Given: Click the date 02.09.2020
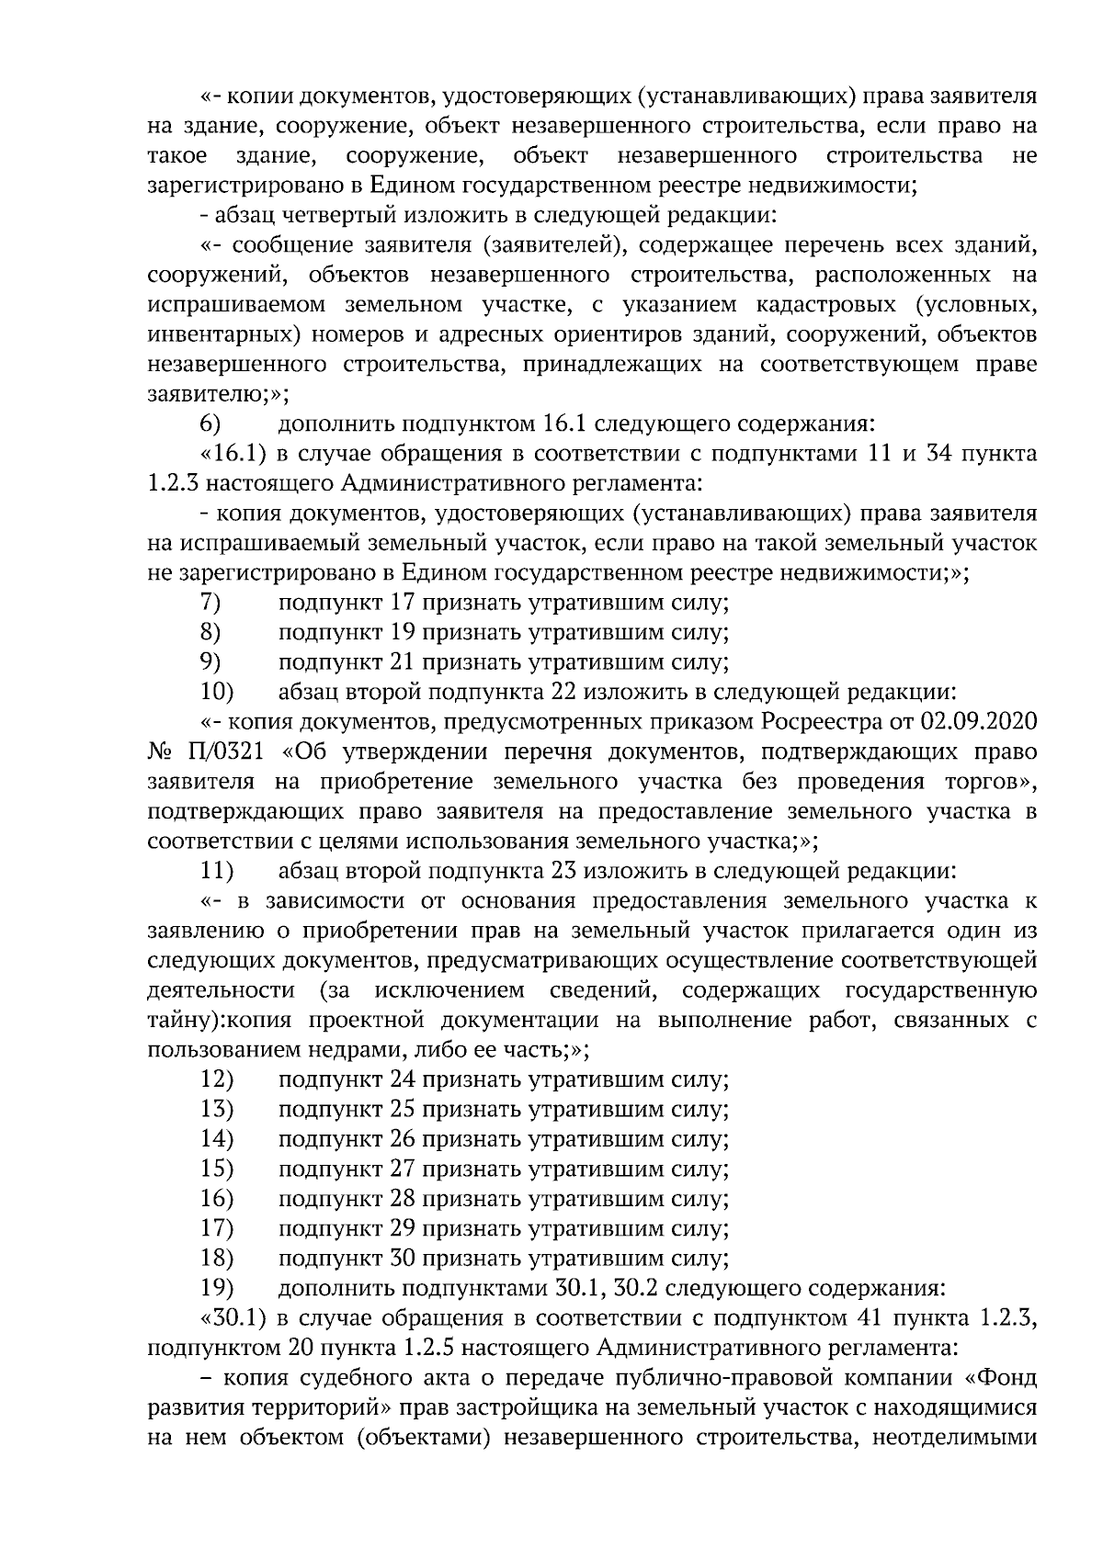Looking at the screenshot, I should pos(987,721).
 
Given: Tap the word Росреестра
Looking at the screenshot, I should pos(817,721).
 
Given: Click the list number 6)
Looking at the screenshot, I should pos(210,424).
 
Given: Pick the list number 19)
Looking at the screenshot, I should pos(217,1288).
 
